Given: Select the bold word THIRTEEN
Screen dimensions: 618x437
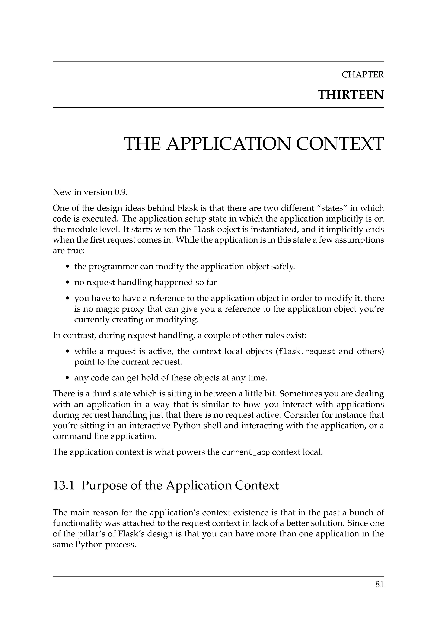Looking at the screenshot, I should point(350,95).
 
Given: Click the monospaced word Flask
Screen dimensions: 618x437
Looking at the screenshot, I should point(204,230).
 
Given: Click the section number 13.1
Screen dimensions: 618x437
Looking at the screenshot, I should point(64,485).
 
